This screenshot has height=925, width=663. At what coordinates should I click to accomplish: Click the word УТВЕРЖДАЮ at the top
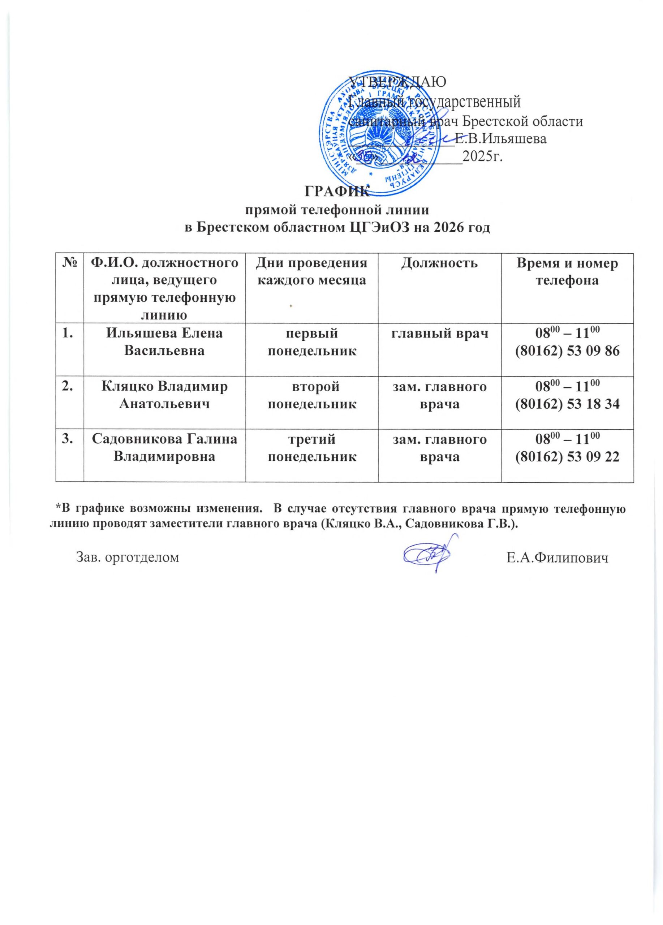pos(397,81)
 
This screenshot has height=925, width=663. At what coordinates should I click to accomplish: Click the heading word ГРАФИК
pos(336,191)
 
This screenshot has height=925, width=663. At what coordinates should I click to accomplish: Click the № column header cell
pos(69,263)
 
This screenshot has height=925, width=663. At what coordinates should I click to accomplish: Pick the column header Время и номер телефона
pos(567,272)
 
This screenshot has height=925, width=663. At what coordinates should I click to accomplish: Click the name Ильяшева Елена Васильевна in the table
pos(164,341)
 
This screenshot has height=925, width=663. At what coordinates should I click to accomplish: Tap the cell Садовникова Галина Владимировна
pos(164,447)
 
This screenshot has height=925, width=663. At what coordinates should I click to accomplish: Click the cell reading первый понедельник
pos(311,341)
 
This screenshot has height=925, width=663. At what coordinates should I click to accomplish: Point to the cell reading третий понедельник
pos(311,447)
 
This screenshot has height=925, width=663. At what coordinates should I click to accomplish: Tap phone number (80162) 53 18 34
pos(567,403)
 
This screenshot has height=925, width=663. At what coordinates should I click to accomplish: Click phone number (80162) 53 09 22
pos(567,456)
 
